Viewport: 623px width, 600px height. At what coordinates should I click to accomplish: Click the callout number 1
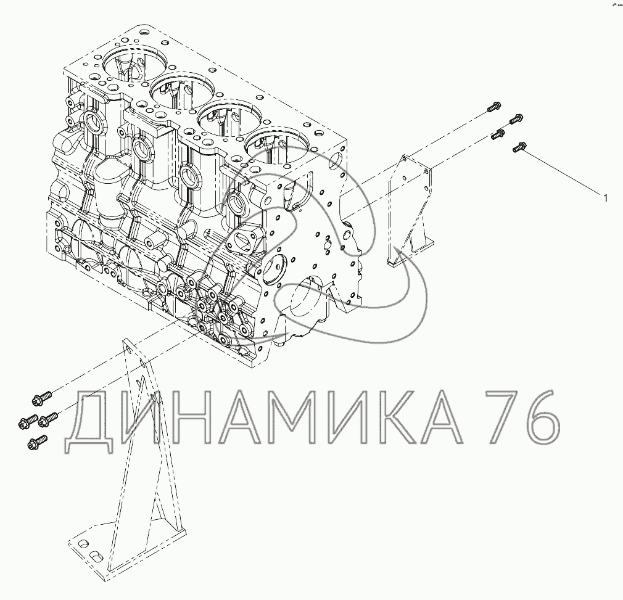tap(605, 198)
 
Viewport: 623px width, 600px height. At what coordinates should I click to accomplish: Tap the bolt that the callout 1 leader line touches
tap(519, 148)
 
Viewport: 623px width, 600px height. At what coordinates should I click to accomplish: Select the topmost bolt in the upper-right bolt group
tap(493, 107)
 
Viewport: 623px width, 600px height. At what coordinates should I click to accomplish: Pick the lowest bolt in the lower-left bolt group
tap(38, 442)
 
